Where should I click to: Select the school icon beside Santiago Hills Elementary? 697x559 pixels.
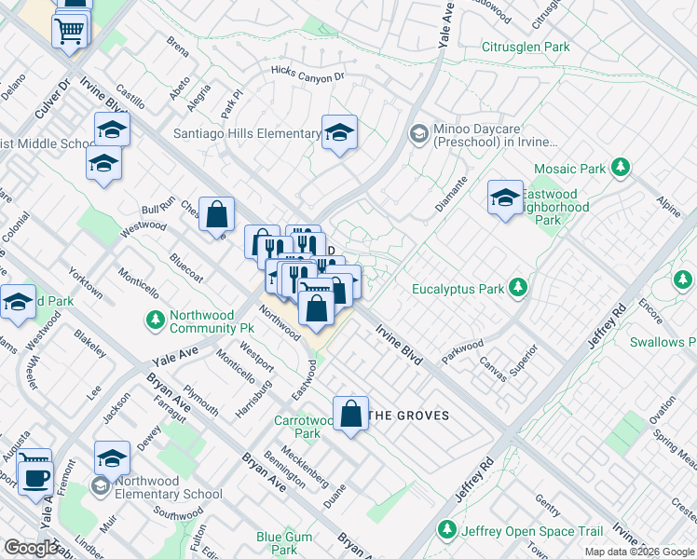point(340,132)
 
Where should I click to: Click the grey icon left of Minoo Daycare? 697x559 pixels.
point(419,135)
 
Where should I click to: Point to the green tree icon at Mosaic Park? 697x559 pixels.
point(619,169)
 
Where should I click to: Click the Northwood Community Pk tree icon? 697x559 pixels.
point(155,321)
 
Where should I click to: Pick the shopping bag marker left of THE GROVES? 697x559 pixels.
point(350,413)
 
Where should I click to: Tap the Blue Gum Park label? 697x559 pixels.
point(284,542)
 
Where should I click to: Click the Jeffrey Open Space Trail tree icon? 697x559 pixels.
point(447,530)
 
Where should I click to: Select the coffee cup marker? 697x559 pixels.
point(36,477)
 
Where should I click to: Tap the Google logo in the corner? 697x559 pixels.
point(32,549)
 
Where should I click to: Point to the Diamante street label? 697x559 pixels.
point(450,190)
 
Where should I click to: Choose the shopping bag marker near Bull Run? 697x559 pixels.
point(216,214)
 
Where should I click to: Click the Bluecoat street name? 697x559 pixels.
point(185,267)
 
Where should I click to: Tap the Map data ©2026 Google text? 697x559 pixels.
point(639,552)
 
